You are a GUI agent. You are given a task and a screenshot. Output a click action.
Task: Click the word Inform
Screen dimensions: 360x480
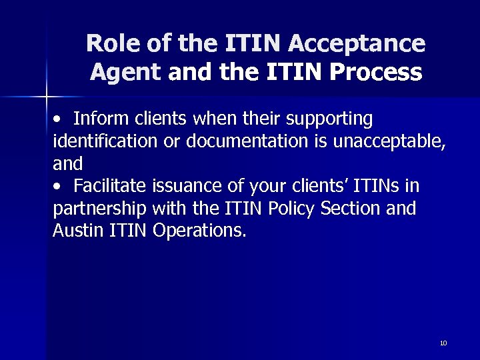coord(96,119)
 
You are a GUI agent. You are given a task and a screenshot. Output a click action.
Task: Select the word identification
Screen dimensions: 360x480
coord(97,141)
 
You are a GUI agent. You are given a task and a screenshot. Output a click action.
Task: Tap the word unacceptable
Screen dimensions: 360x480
coord(381,141)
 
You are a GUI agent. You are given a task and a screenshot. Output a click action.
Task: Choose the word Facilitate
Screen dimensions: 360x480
coord(110,186)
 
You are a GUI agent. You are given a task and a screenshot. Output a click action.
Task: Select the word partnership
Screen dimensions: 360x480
coord(100,209)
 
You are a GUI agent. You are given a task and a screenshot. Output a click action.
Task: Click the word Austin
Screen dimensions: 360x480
coord(73,231)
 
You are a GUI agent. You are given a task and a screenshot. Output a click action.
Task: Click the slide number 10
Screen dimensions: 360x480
coord(443,343)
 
